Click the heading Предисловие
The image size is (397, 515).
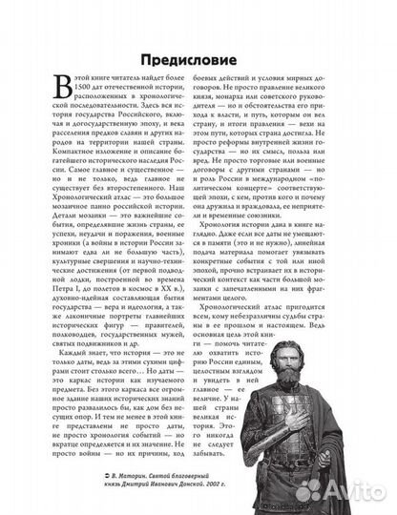[x=198, y=53]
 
